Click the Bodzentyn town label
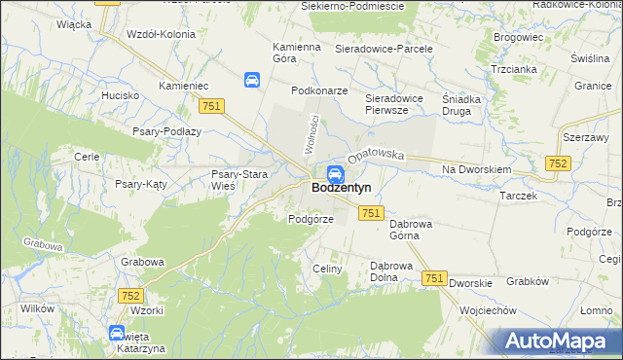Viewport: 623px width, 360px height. (342, 188)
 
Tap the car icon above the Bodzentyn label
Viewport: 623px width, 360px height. (334, 174)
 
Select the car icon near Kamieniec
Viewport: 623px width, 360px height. (251, 80)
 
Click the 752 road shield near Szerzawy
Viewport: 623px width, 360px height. (558, 164)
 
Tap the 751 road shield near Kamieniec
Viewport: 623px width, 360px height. (210, 106)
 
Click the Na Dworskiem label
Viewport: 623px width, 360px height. (476, 169)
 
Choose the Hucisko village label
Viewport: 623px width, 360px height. (121, 96)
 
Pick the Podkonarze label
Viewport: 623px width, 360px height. (319, 90)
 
